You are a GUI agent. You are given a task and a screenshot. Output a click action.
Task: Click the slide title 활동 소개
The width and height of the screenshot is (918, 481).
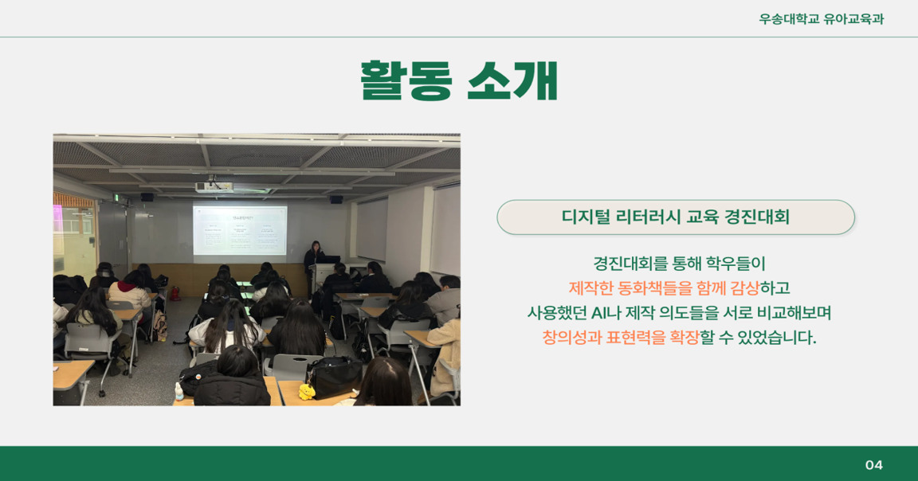click(x=458, y=80)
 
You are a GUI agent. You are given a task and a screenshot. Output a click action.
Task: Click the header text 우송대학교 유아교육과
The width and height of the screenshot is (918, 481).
click(x=821, y=19)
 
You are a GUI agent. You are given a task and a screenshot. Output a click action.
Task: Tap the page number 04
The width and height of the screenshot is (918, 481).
click(x=874, y=464)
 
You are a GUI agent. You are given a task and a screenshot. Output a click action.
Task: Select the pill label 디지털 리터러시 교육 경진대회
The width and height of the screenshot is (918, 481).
click(x=676, y=217)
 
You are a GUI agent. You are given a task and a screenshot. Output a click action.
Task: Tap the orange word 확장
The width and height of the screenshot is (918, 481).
click(x=685, y=338)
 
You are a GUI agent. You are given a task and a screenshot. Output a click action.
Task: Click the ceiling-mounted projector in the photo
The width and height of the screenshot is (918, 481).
click(x=214, y=186)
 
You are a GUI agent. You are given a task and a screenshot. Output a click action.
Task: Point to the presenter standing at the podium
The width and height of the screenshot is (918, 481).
click(x=314, y=260)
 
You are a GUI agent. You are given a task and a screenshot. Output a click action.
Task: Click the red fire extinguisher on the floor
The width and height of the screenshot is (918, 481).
click(x=175, y=293)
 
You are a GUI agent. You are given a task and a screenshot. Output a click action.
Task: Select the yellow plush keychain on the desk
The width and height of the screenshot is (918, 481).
click(x=306, y=392)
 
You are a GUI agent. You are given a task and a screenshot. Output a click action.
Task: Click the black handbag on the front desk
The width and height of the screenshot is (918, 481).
click(x=334, y=377)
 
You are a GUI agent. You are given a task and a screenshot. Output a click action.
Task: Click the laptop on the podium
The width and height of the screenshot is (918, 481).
click(x=330, y=260)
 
